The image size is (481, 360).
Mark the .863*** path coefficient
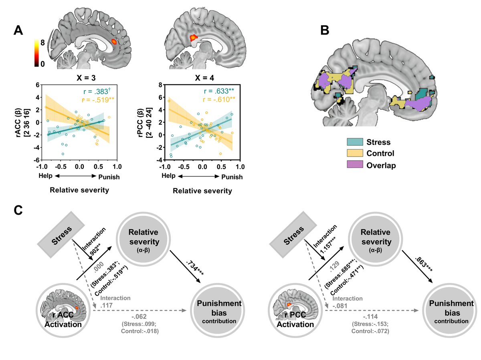pyautogui.click(x=426, y=267)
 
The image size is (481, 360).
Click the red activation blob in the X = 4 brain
pyautogui.click(x=193, y=37)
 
